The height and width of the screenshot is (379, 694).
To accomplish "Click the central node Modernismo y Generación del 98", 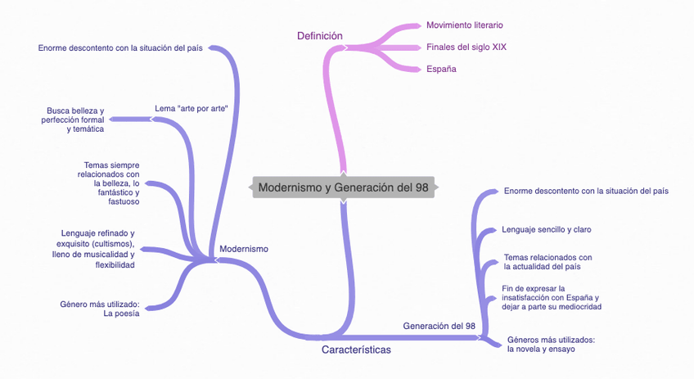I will click(x=343, y=187).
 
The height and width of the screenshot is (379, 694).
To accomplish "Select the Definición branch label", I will click(x=319, y=35).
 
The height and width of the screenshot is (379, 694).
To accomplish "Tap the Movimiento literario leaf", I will click(x=465, y=25).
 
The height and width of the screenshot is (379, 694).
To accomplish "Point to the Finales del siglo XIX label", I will click(x=466, y=47).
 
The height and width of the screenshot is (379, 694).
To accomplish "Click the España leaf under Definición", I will click(x=441, y=69).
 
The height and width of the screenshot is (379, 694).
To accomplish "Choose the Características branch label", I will click(x=356, y=350).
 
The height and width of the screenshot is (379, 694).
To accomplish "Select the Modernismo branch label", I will click(x=244, y=249).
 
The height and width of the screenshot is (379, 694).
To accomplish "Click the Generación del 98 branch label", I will click(x=439, y=326).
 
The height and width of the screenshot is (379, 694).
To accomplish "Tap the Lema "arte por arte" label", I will click(x=191, y=108).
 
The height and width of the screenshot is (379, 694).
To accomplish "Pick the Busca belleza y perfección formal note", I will click(x=73, y=120).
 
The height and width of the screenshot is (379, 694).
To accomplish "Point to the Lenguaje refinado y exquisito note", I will click(x=97, y=249).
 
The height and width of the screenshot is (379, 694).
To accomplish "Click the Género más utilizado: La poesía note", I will click(x=100, y=308).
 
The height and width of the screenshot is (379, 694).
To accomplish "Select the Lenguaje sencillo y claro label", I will click(x=547, y=230).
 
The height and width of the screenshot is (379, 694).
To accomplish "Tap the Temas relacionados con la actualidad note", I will click(x=548, y=262).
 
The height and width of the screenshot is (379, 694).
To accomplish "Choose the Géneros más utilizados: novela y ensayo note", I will click(x=551, y=344).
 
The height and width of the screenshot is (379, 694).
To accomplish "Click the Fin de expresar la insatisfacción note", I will click(x=552, y=298).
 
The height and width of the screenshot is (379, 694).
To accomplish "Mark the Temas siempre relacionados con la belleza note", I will click(x=110, y=183).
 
